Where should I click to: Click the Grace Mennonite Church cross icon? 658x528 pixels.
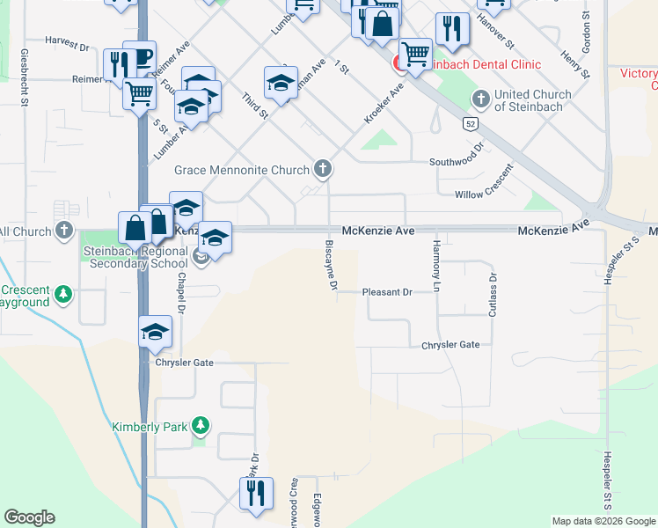pyautogui.click(x=323, y=169)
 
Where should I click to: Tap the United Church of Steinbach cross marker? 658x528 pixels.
pyautogui.click(x=480, y=99)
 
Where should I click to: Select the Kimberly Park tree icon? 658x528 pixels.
pyautogui.click(x=201, y=426)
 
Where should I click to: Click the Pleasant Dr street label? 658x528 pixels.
pyautogui.click(x=387, y=292)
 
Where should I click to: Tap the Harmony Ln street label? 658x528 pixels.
pyautogui.click(x=435, y=265)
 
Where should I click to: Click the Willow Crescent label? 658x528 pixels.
pyautogui.click(x=484, y=194)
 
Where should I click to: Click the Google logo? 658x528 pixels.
pyautogui.click(x=29, y=517)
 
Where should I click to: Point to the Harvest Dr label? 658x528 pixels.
pyautogui.click(x=68, y=41)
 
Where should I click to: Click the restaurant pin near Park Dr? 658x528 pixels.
pyautogui.click(x=256, y=493)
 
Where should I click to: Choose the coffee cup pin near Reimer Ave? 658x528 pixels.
pyautogui.click(x=139, y=56)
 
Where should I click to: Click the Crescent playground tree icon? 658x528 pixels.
pyautogui.click(x=62, y=293)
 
